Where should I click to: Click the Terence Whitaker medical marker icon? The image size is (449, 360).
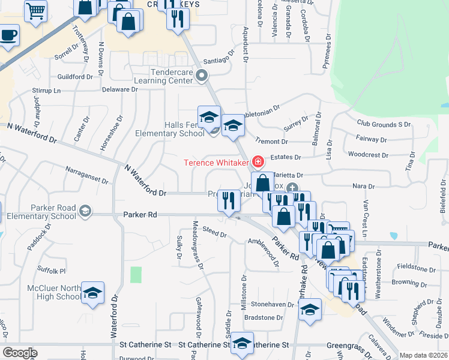258,162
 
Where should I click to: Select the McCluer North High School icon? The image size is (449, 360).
92,293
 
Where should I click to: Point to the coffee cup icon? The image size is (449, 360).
8,35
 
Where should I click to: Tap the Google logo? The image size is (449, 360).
20,353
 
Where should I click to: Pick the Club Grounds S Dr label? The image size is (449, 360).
384,124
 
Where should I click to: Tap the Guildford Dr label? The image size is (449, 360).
75,77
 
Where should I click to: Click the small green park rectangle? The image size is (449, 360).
136,275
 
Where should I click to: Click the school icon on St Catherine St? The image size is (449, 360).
242,343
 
